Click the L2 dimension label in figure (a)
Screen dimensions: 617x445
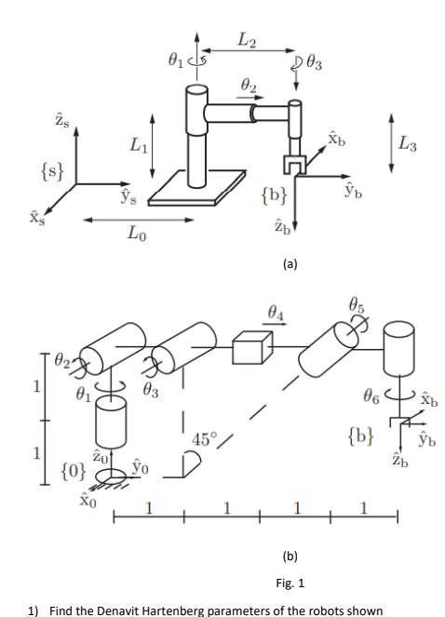pyautogui.click(x=246, y=40)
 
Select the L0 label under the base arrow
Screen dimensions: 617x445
pyautogui.click(x=136, y=235)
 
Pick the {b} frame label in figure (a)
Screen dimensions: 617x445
pyautogui.click(x=276, y=196)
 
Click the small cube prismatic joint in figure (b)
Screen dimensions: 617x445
pyautogui.click(x=249, y=351)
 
